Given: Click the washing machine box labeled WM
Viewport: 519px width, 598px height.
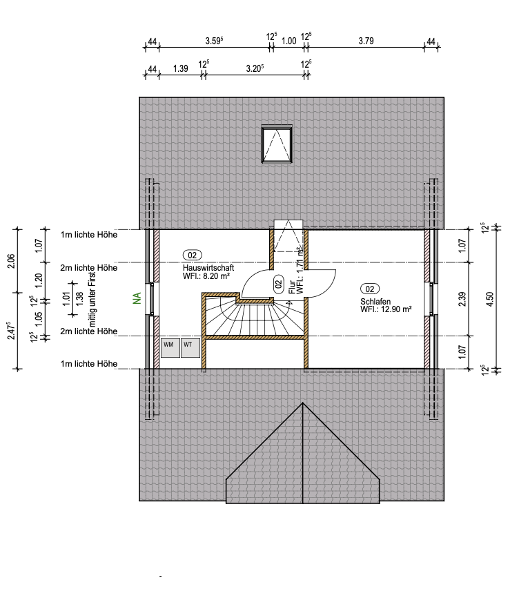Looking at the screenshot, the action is pos(170,347).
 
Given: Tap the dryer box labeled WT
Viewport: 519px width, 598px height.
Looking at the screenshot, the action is pos(190,347).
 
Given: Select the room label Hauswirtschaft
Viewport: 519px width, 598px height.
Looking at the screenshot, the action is pos(208,268).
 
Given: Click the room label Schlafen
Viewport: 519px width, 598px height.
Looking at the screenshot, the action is pos(375,301).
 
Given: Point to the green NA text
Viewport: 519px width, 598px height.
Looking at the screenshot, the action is pos(137,298).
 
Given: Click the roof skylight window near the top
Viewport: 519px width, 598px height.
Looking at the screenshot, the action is pos(277,144).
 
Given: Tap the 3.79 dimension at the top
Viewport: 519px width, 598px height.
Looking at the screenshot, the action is pos(366,41).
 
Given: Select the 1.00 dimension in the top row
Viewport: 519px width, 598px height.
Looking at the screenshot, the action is pos(289,41).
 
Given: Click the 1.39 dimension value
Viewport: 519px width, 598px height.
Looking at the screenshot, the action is pos(181,68).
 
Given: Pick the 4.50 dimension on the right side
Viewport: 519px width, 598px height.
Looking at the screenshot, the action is pos(490,299).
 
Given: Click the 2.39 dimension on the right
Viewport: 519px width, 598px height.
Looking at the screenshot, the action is pos(462,299).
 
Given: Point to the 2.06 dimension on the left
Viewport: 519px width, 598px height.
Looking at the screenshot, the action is pos(11,261).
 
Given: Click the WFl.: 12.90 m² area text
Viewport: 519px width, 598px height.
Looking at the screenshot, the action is pos(386,309).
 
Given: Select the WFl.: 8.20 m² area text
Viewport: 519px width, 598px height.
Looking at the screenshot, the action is pos(206,276).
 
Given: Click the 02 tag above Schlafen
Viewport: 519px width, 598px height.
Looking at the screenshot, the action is pos(370,289).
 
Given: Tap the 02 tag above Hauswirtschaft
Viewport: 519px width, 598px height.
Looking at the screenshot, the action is pos(193,255).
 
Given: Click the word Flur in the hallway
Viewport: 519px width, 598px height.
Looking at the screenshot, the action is pos(292,287).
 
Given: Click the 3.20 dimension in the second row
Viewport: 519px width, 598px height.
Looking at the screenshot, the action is pos(255,68).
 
